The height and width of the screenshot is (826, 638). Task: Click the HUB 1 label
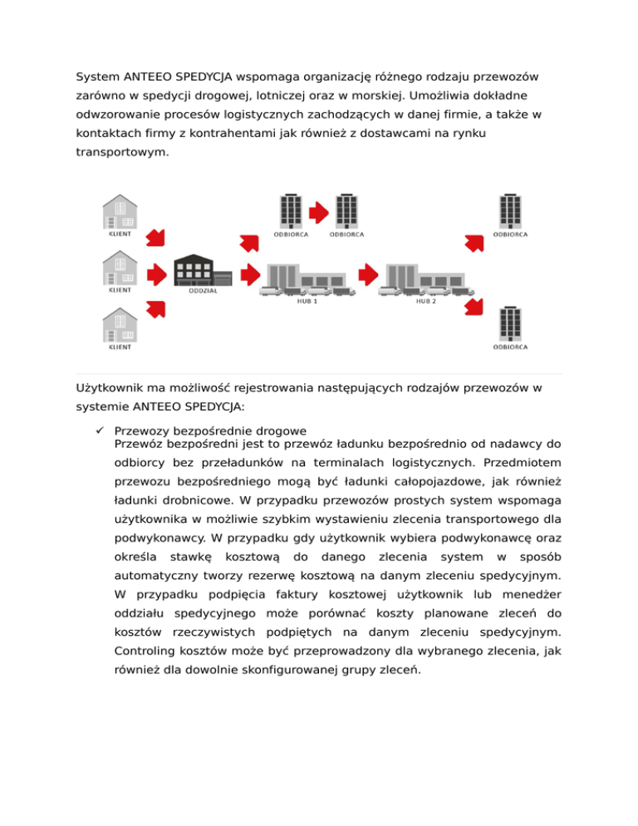coord(308,302)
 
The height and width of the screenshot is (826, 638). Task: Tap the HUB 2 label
coord(426,302)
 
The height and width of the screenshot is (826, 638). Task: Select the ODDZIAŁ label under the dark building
coord(204,291)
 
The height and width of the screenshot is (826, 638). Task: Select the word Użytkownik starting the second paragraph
coord(108,388)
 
